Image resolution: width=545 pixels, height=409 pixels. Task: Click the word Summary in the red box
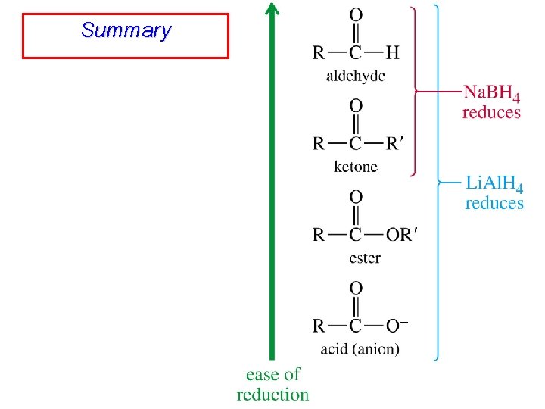click(x=126, y=31)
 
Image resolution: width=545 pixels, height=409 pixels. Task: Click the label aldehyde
click(x=355, y=75)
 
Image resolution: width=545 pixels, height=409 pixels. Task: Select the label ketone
click(x=356, y=167)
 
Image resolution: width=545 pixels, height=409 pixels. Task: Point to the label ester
click(x=365, y=258)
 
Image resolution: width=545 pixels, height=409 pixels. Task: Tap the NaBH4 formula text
click(x=491, y=94)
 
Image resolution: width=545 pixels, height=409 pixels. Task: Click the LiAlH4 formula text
click(x=494, y=185)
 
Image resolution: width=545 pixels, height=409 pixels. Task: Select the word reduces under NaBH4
click(x=491, y=112)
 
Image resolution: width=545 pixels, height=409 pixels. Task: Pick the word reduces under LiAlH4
click(x=494, y=203)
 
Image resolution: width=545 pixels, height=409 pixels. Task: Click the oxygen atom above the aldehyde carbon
click(x=356, y=14)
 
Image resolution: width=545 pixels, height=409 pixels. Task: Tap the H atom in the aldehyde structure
click(x=392, y=52)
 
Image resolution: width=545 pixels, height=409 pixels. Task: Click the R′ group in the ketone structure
click(x=396, y=143)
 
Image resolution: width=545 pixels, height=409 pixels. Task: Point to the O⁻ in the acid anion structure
click(x=397, y=326)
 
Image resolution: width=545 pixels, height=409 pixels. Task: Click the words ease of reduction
click(x=272, y=384)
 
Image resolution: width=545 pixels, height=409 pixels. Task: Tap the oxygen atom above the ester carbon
click(x=356, y=197)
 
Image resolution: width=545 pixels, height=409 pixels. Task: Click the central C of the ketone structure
click(x=356, y=143)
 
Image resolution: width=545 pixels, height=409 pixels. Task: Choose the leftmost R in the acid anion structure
click(x=319, y=326)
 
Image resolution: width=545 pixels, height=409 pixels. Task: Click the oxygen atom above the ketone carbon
click(x=356, y=106)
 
